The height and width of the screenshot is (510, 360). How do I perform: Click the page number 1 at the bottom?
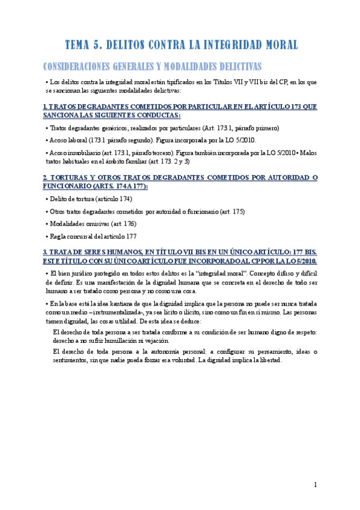(x=316, y=485)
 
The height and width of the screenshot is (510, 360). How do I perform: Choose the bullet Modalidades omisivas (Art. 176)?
(x=93, y=224)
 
